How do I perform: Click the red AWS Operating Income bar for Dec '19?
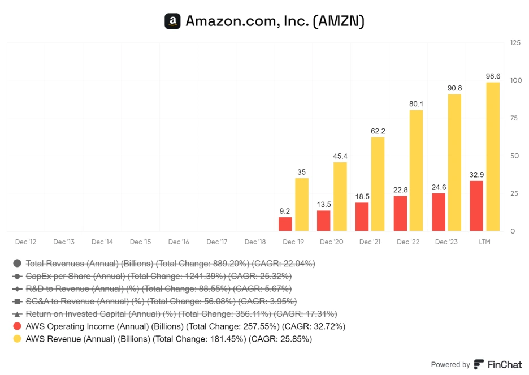pyautogui.click(x=285, y=224)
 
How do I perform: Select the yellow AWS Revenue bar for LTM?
pyautogui.click(x=493, y=157)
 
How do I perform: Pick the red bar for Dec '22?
pyautogui.click(x=400, y=213)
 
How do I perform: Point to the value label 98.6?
pyautogui.click(x=493, y=76)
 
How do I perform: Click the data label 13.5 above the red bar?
pyautogui.click(x=323, y=204)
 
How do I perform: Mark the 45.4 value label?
pyautogui.click(x=340, y=156)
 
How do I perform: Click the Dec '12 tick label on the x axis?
pyautogui.click(x=25, y=242)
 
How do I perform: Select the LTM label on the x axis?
pyautogui.click(x=484, y=242)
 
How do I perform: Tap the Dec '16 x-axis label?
pyautogui.click(x=179, y=242)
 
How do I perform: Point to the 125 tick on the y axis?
pyautogui.click(x=515, y=42)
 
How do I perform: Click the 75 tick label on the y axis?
pyautogui.click(x=514, y=118)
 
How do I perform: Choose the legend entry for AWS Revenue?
pyautogui.click(x=168, y=339)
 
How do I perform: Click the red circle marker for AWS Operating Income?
pyautogui.click(x=17, y=326)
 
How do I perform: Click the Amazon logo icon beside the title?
pyautogui.click(x=172, y=21)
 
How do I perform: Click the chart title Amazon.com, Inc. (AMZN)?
pyautogui.click(x=275, y=21)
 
